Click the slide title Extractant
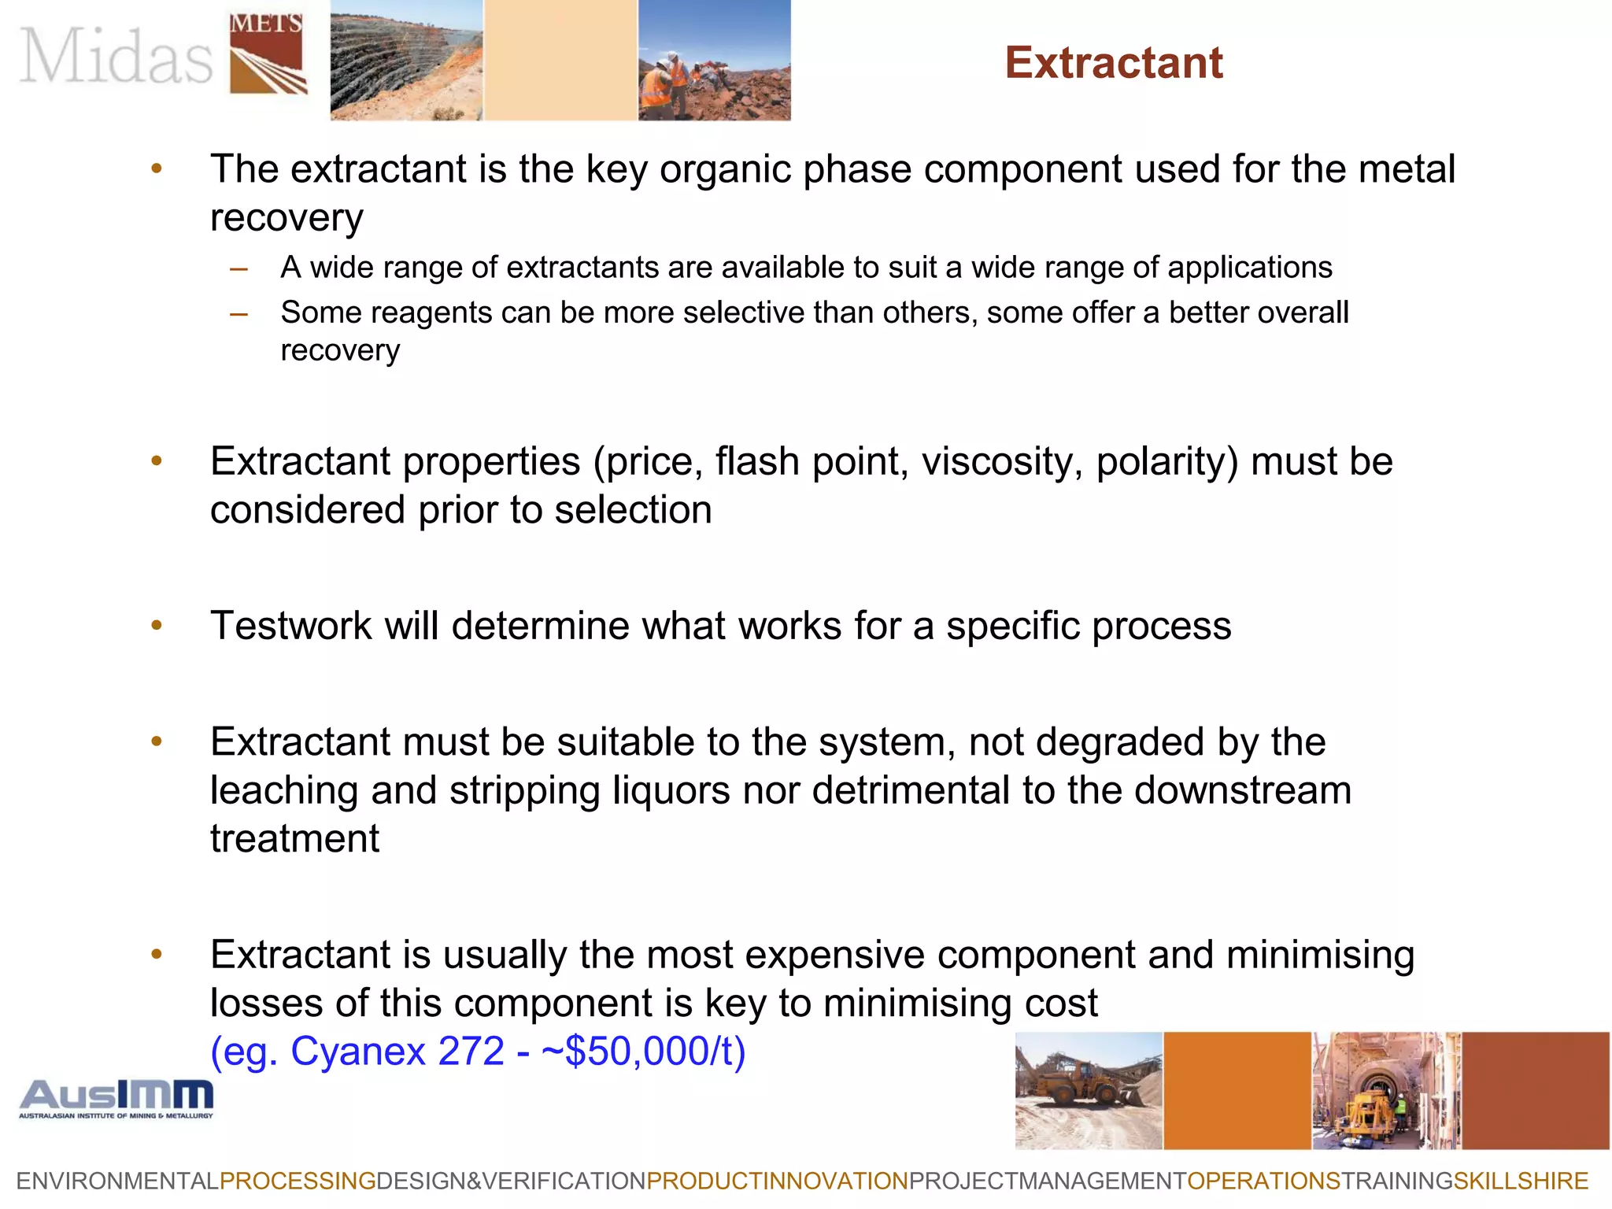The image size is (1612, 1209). point(1114,63)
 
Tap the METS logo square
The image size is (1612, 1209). point(268,54)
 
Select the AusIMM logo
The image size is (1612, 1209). point(116,1099)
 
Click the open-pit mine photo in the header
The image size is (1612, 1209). point(406,60)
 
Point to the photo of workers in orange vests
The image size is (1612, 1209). point(714,60)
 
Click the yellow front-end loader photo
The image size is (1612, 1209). point(1089,1091)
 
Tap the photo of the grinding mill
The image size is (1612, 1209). point(1386,1091)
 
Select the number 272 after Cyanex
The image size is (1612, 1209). point(471,1052)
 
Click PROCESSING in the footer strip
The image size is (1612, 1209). point(298,1181)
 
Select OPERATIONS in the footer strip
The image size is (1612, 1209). point(1263,1181)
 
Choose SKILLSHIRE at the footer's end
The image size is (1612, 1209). point(1521,1181)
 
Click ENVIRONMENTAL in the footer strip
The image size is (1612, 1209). point(117,1181)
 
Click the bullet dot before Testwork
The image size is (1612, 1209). point(157,627)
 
